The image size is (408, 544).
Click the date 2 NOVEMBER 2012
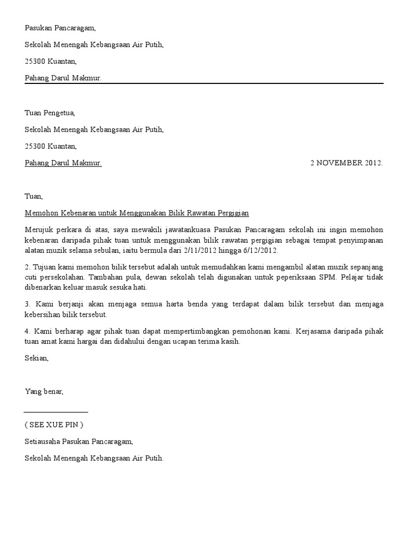(x=346, y=163)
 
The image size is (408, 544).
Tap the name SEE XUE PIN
(x=54, y=424)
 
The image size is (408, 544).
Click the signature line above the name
(x=56, y=412)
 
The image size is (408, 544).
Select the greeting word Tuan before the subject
(x=33, y=196)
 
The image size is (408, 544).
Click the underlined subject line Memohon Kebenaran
(x=137, y=213)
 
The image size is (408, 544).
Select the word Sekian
(x=36, y=358)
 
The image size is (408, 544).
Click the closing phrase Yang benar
(x=44, y=392)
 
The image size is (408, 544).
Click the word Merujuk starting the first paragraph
(x=39, y=230)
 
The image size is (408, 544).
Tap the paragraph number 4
(x=27, y=331)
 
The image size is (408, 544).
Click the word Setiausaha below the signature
(x=42, y=441)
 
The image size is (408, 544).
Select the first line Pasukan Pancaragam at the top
(x=60, y=29)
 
